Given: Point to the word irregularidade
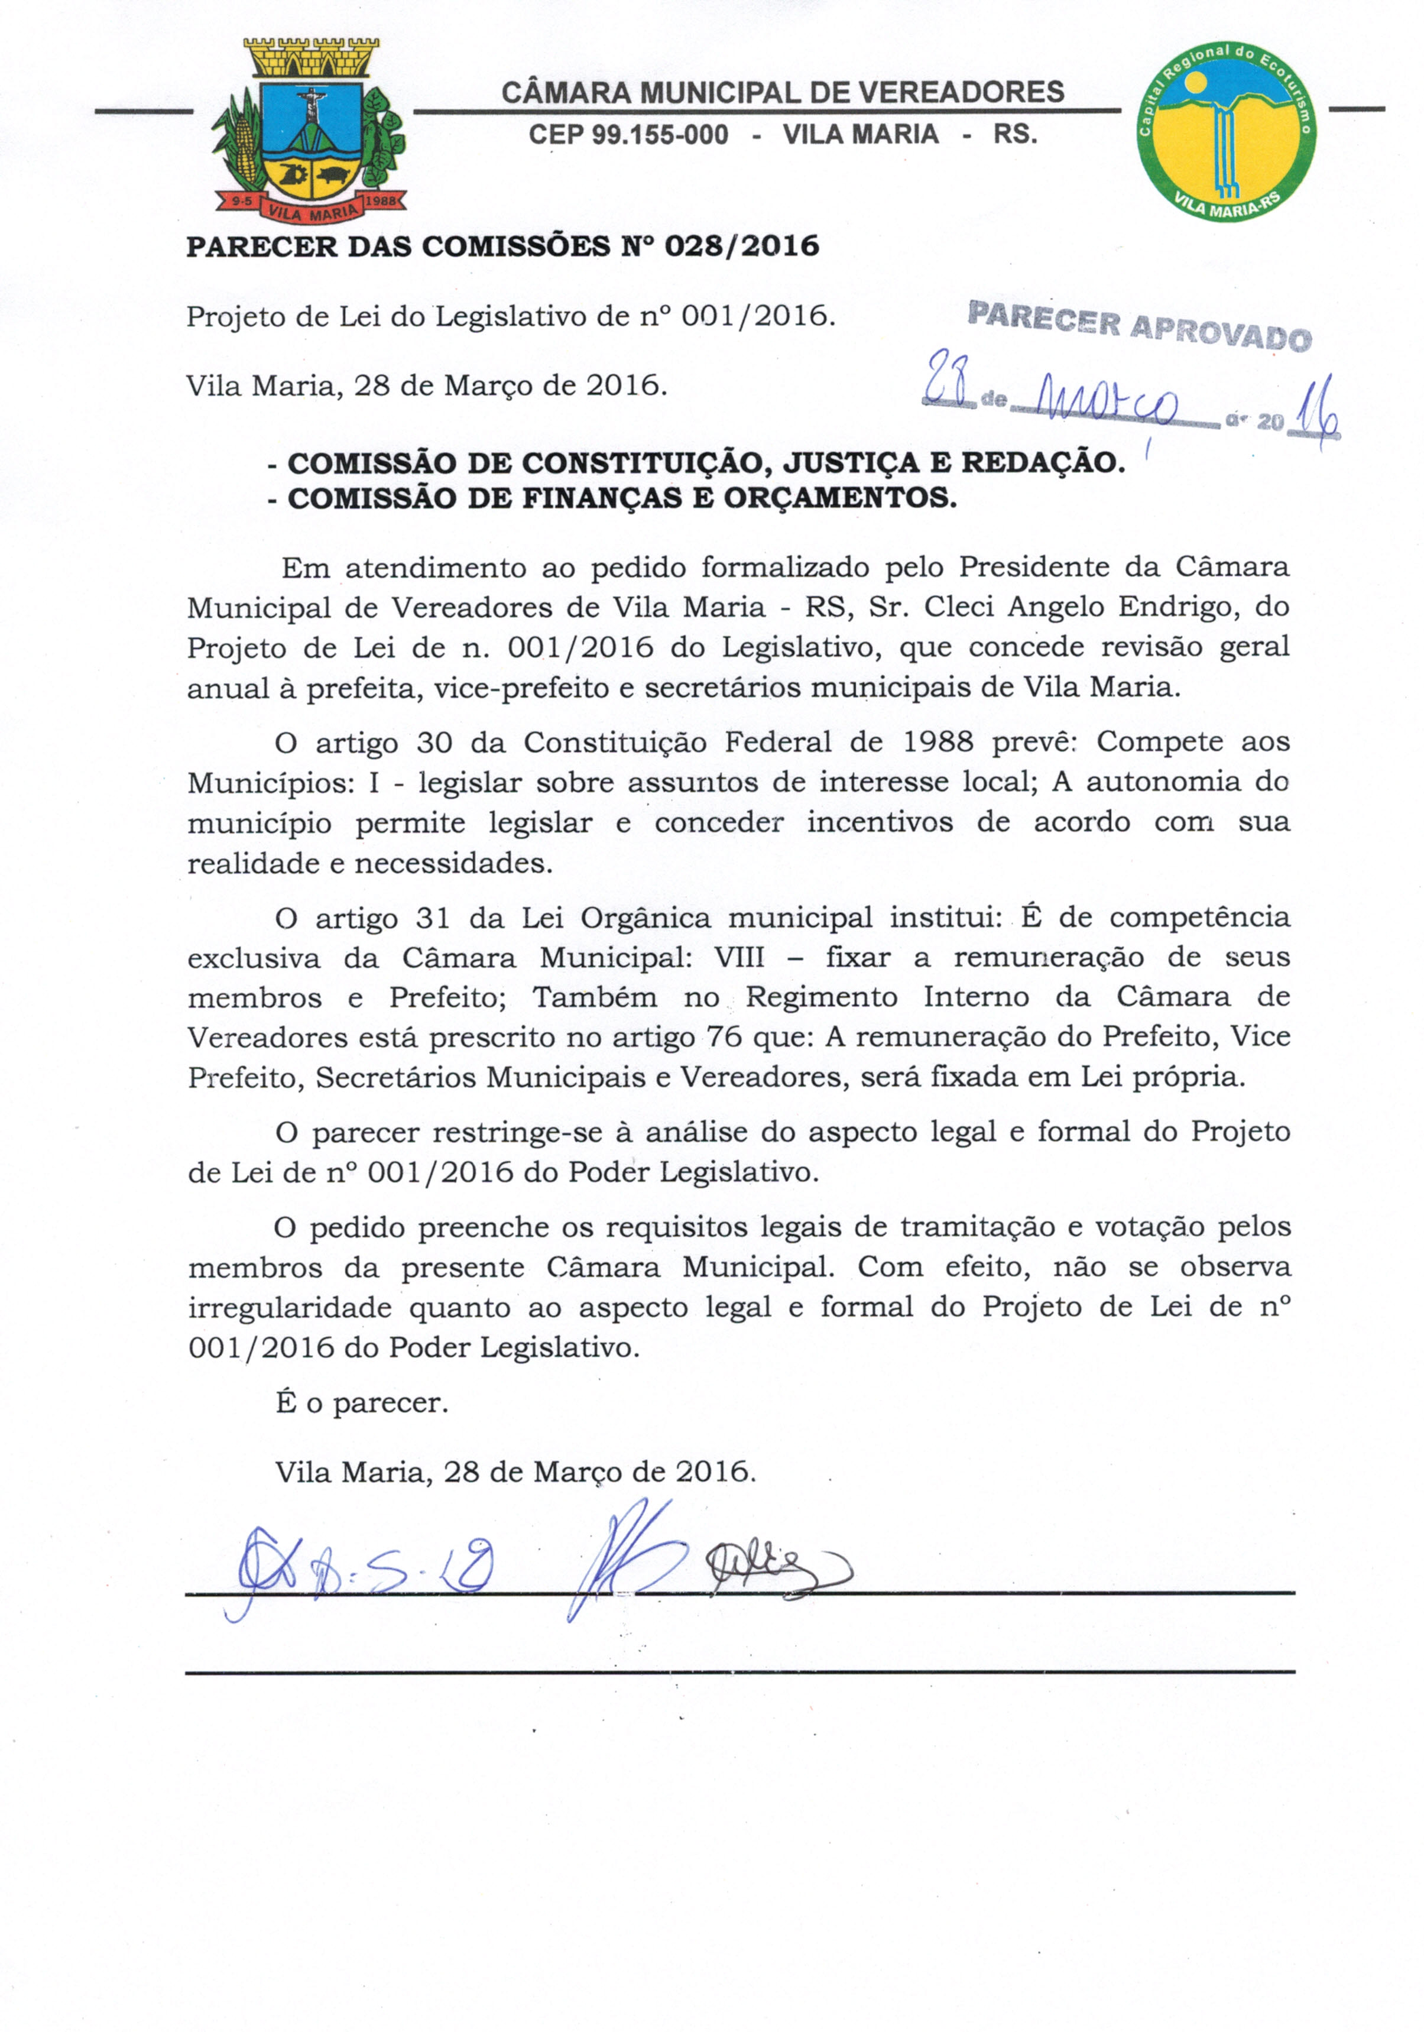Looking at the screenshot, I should [x=290, y=1307].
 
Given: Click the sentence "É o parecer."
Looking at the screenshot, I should [x=362, y=1404].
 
